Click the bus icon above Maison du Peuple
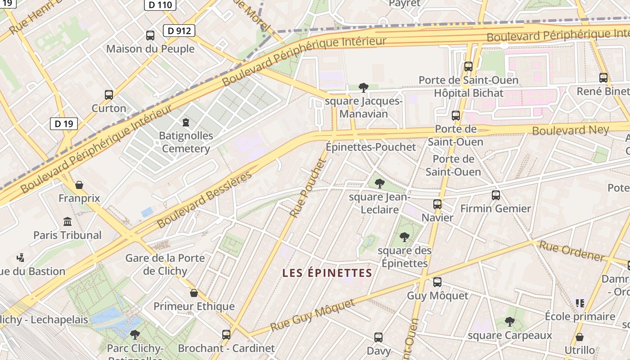click(150, 35)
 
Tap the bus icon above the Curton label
click(109, 95)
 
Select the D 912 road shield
click(179, 31)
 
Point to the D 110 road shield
click(160, 4)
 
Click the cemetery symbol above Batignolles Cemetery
click(185, 122)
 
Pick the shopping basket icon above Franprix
click(79, 185)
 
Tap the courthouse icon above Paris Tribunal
click(67, 221)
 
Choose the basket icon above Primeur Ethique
click(194, 293)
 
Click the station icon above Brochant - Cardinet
click(226, 334)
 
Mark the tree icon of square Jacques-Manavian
click(363, 87)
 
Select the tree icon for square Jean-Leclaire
click(379, 183)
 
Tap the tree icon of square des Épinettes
click(404, 237)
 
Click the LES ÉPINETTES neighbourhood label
click(327, 273)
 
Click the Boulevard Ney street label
click(570, 130)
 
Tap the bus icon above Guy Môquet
click(437, 282)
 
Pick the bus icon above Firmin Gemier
click(495, 195)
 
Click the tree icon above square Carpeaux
click(509, 321)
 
